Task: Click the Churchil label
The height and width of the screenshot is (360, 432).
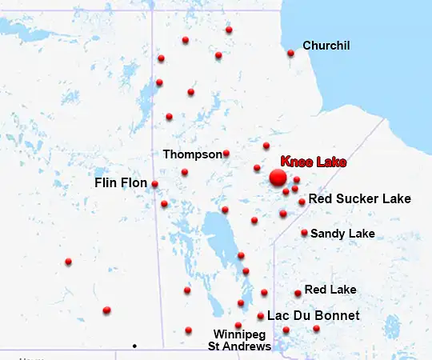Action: coord(326,46)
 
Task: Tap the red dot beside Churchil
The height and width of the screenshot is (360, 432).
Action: coord(290,54)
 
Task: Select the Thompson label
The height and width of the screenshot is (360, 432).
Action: coord(192,154)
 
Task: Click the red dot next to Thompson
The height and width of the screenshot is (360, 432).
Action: coord(226,153)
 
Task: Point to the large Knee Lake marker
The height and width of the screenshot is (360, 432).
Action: coord(278,177)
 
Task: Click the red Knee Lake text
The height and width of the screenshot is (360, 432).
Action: coord(314,162)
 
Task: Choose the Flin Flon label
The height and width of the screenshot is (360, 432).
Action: coord(121,183)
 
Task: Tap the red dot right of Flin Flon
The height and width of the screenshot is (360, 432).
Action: coord(154,184)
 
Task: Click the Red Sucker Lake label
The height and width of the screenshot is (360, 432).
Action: coord(359,198)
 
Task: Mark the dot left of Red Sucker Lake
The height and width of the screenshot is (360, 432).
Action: coord(302,202)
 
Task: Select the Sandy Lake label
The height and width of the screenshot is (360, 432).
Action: coord(342,234)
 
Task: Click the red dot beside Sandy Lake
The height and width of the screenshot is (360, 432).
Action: coord(304,233)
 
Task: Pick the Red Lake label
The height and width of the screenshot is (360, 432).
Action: coord(330,289)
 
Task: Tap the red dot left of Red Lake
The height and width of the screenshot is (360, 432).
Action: coord(298,293)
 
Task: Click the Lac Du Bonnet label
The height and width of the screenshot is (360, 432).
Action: coord(313,316)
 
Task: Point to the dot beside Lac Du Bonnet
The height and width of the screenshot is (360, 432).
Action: coord(261,316)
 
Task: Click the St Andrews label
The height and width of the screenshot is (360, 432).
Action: coord(239,346)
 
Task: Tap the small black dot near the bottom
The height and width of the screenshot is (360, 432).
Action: coord(134,346)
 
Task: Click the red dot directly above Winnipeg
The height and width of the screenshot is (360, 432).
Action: coord(238,325)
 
